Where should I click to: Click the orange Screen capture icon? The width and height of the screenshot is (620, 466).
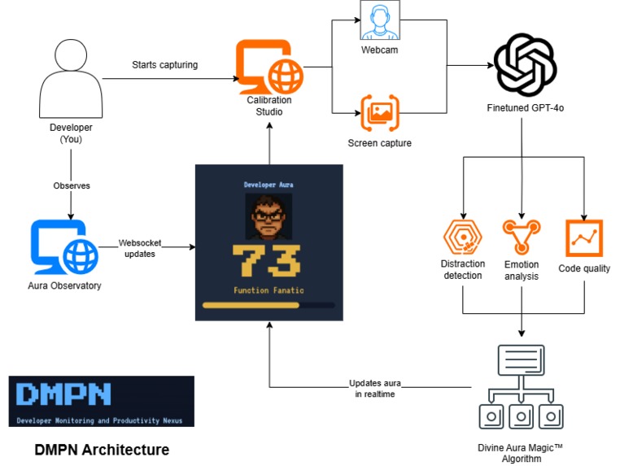[380, 114]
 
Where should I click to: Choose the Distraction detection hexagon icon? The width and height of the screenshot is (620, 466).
[463, 237]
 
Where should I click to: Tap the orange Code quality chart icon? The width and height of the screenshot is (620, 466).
[583, 237]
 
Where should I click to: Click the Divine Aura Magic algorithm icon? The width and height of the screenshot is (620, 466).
[521, 385]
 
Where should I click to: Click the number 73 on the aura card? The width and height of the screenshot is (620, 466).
[268, 259]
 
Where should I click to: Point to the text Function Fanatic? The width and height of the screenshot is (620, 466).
[268, 290]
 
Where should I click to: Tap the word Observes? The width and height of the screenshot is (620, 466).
[72, 185]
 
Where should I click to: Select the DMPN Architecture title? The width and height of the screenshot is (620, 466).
[102, 449]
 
